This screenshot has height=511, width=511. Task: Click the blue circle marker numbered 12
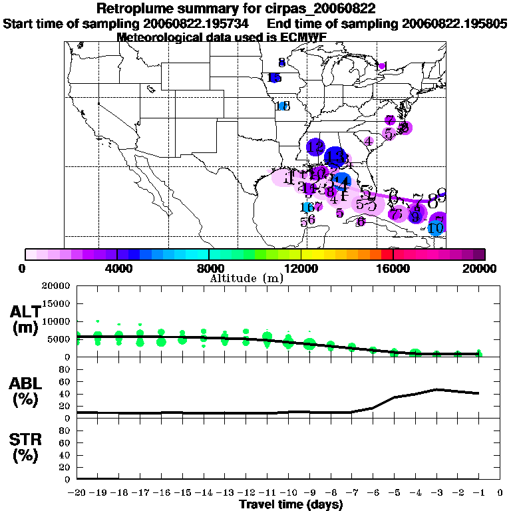(x=315, y=147)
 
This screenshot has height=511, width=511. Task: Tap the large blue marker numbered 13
(x=335, y=157)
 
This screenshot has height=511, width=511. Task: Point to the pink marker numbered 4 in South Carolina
(x=367, y=140)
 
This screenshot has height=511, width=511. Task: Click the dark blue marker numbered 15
(x=273, y=78)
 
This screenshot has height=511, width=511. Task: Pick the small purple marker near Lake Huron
(x=382, y=66)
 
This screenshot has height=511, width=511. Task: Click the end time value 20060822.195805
(x=455, y=23)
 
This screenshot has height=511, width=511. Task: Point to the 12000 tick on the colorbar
(x=301, y=268)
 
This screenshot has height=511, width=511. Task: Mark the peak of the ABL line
(x=436, y=389)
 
